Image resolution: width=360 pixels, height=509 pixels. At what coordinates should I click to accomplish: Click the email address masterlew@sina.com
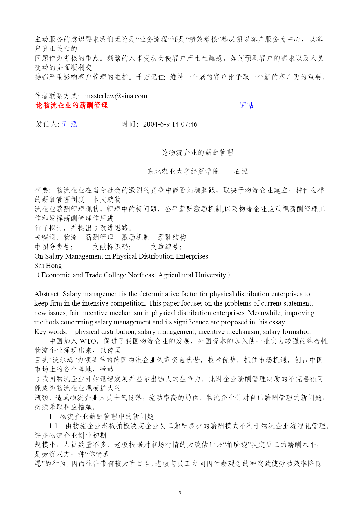pyautogui.click(x=116, y=96)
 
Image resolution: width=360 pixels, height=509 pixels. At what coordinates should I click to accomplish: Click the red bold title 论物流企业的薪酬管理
pyautogui.click(x=72, y=105)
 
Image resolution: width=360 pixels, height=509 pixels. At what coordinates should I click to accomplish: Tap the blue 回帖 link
pyautogui.click(x=247, y=105)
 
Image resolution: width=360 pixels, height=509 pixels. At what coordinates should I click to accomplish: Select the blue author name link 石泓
pyautogui.click(x=68, y=124)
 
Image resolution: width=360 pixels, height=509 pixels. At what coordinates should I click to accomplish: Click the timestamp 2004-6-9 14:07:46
pyautogui.click(x=170, y=124)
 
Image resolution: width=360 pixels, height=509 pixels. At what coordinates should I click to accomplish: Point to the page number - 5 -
pyautogui.click(x=180, y=492)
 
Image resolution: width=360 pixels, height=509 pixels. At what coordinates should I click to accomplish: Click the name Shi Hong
pyautogui.click(x=48, y=266)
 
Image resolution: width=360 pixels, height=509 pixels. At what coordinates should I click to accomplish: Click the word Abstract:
pyautogui.click(x=48, y=294)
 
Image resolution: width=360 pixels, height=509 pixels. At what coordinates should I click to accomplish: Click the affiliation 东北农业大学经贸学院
pyautogui.click(x=183, y=172)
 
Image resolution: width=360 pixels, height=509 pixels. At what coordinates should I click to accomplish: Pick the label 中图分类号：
pyautogui.click(x=54, y=247)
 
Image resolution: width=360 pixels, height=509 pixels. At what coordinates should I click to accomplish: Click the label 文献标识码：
pyautogui.click(x=112, y=247)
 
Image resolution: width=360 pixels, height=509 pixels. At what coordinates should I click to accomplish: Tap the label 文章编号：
pyautogui.click(x=166, y=247)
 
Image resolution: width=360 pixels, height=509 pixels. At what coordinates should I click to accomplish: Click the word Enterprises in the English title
pyautogui.click(x=192, y=256)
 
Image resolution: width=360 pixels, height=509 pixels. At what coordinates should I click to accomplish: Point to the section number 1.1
pyautogui.click(x=53, y=426)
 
